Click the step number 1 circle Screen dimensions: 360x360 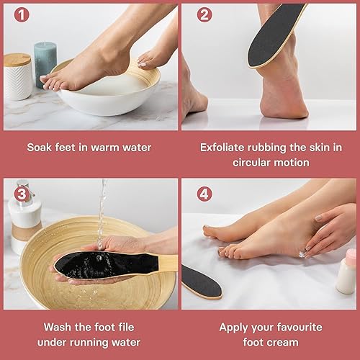15,14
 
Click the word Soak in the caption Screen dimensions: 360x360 40,148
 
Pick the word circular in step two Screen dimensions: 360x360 254,163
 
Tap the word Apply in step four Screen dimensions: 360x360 236,326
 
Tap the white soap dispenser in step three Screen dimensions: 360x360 22,216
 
